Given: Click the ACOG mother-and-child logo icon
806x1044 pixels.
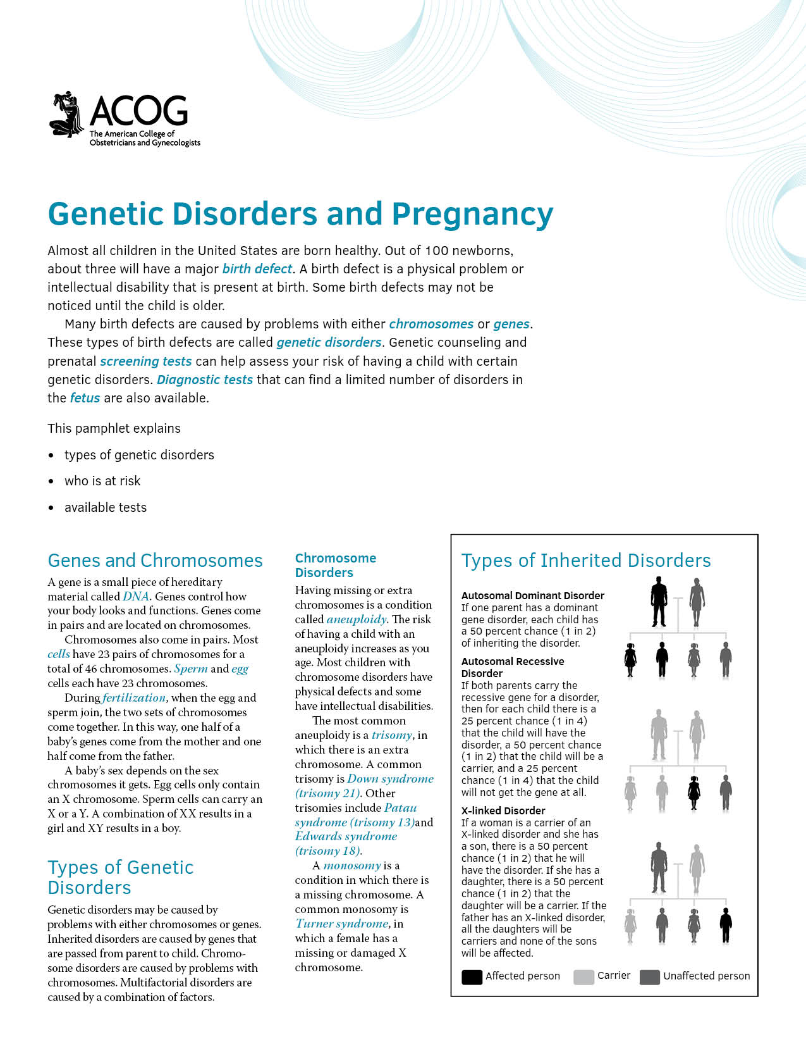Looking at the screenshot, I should [x=67, y=115].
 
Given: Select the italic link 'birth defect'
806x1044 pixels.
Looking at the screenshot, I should [x=257, y=269].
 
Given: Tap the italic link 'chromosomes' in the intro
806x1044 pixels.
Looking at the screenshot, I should [x=431, y=324].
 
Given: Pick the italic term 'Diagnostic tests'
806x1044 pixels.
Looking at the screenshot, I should [x=205, y=380].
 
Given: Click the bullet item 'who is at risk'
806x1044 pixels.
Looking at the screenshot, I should [x=102, y=481].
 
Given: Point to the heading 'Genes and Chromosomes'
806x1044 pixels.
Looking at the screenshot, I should [x=155, y=561].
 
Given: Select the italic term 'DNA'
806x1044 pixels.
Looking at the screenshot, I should [x=136, y=596].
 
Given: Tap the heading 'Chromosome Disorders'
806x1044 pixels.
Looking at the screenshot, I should [x=335, y=565].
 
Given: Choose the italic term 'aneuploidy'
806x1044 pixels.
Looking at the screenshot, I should [x=357, y=619].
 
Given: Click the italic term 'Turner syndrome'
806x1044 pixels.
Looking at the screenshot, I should [x=342, y=924].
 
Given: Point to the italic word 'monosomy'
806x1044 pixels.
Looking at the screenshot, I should [x=352, y=866].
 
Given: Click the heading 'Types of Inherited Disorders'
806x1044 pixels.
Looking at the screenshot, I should [x=586, y=561].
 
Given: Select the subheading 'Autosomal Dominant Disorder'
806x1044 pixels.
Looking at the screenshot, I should [x=532, y=595].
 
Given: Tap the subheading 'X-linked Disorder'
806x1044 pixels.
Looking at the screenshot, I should [x=503, y=811].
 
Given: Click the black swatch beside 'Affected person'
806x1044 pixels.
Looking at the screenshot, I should [x=472, y=977].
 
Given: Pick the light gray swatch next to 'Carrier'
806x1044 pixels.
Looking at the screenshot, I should [x=583, y=977].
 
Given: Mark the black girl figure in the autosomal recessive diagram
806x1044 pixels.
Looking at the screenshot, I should [x=693, y=793].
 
